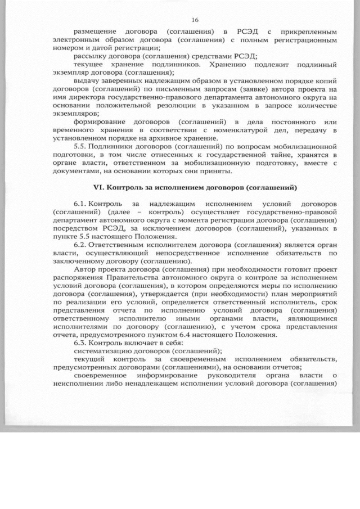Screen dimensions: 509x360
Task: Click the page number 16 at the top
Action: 187,19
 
